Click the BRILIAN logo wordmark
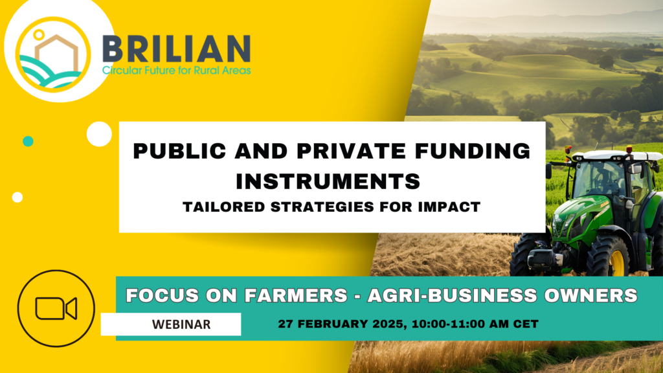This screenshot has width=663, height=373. [x=177, y=49]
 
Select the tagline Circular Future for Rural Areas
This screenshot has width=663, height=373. [x=177, y=70]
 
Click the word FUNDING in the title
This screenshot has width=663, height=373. [x=472, y=151]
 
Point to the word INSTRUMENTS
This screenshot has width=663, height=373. [x=328, y=181]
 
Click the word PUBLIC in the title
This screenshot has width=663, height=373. [x=180, y=151]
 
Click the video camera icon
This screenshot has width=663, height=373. [x=56, y=308]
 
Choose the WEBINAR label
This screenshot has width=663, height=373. [x=181, y=324]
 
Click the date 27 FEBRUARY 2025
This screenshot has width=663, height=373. [x=343, y=324]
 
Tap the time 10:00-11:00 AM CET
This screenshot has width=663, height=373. [x=475, y=324]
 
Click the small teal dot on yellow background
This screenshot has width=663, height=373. [x=28, y=141]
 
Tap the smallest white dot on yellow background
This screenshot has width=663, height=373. [x=17, y=197]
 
